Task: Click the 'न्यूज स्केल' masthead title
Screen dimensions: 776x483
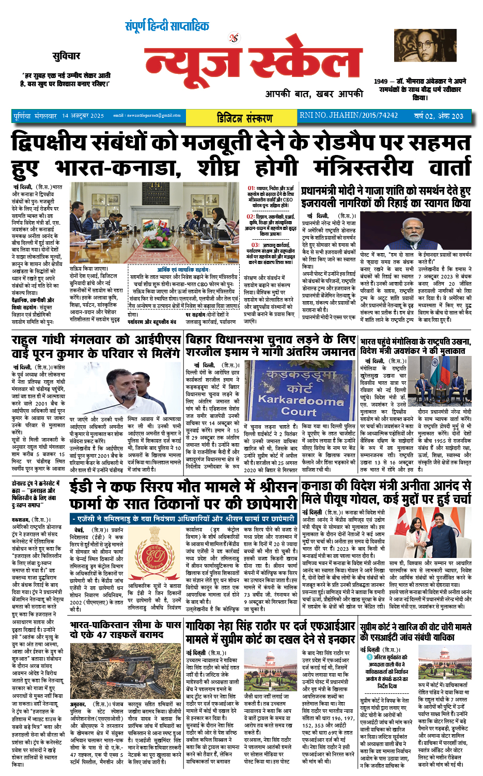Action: click(x=252, y=65)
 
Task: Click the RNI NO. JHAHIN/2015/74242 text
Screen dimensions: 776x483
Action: click(x=349, y=115)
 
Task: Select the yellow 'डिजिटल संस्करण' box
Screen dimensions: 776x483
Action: click(x=244, y=117)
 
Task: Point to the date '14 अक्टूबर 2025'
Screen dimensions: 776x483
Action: click(x=83, y=116)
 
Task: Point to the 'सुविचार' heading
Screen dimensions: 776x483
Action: click(x=66, y=56)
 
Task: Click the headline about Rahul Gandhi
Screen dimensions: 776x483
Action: click(x=96, y=346)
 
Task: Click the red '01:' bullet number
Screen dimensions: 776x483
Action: click(x=252, y=189)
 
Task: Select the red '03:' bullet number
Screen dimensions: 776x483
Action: click(x=255, y=245)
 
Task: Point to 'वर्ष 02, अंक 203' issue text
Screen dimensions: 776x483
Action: click(x=439, y=115)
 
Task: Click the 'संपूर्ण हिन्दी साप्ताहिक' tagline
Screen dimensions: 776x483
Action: click(x=167, y=26)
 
